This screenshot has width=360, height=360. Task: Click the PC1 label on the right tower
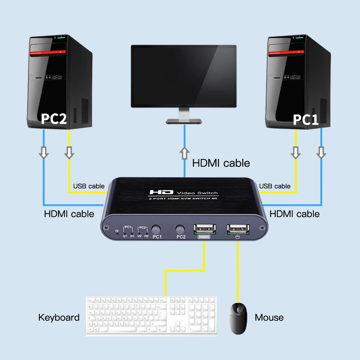pos(306,120)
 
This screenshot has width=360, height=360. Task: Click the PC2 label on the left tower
pos(54,119)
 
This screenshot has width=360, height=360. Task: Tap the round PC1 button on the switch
pos(156,229)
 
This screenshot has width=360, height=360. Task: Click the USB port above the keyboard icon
pos(205,229)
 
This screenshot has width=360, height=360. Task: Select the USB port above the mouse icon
pos(238,228)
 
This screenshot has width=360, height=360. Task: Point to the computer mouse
pos(238,318)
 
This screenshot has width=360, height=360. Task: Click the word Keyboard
pos(59,318)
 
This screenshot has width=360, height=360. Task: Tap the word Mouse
pos(269,318)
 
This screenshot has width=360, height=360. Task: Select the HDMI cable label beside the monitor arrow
pos(221,163)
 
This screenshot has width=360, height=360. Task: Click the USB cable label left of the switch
pos(89,186)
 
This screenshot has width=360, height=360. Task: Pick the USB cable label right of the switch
pos(275,186)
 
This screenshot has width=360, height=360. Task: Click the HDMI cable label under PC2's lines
pos(69,214)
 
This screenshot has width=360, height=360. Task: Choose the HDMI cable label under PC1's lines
pos(295,214)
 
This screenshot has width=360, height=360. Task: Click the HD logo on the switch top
pos(161,193)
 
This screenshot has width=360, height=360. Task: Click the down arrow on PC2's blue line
pos(44,152)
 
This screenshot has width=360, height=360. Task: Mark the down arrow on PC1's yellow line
pos(296,152)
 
